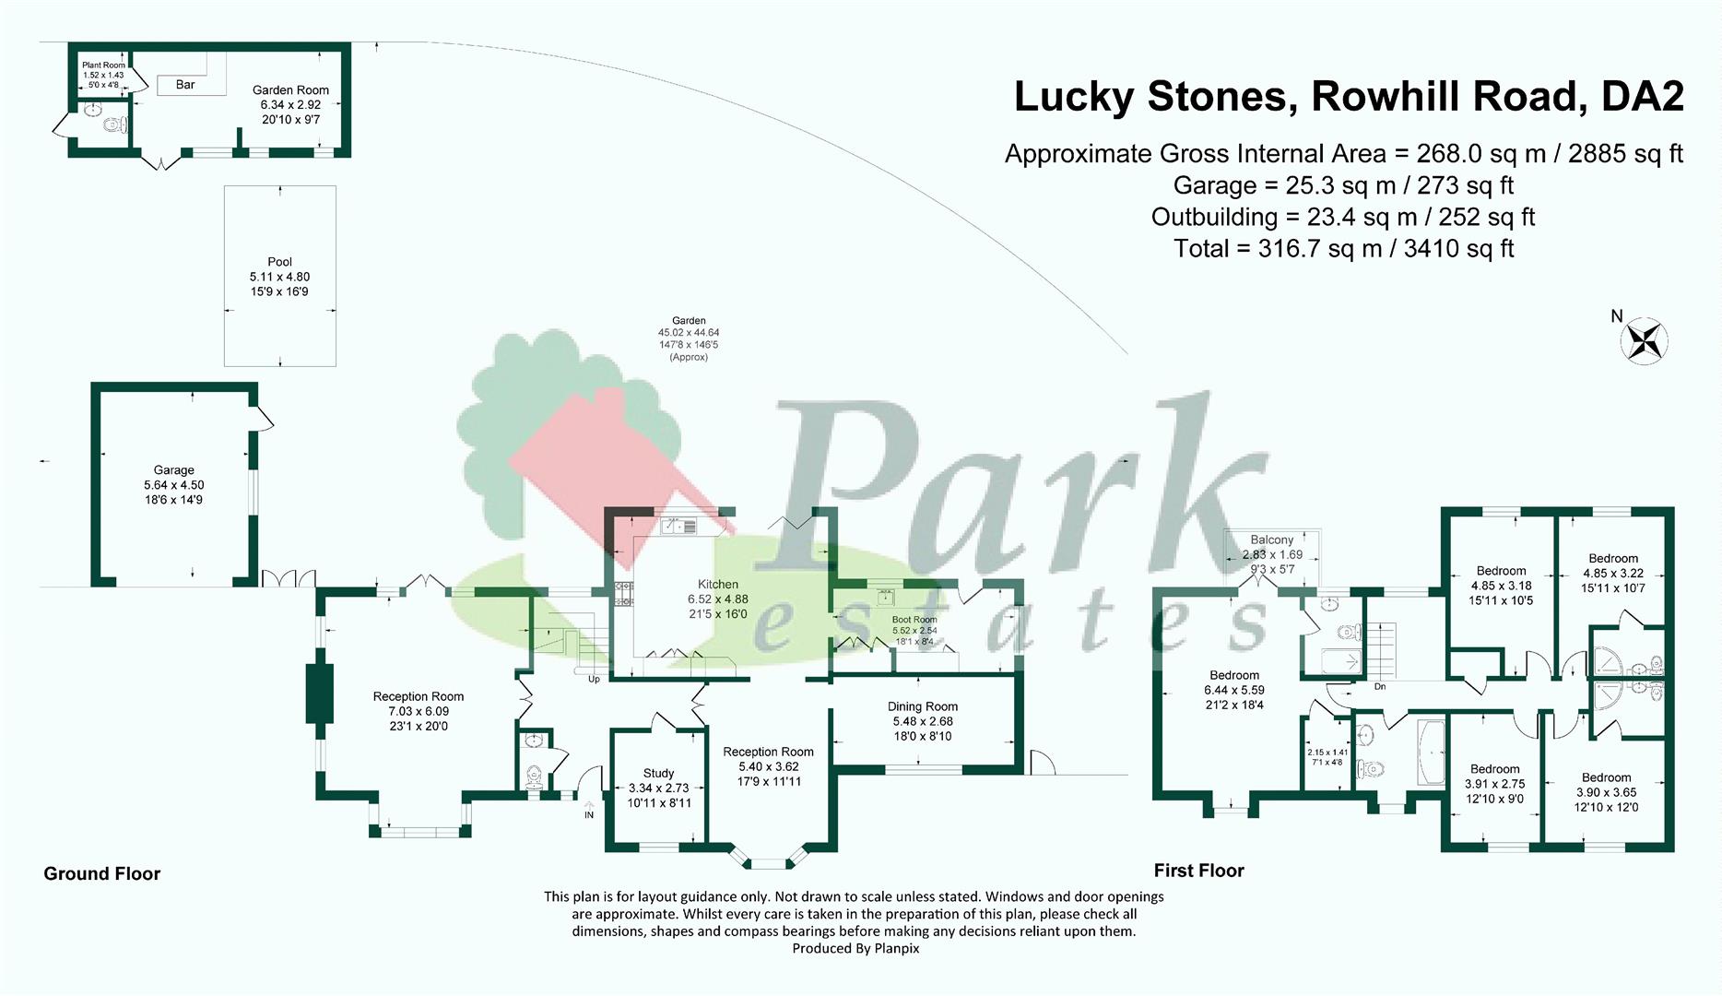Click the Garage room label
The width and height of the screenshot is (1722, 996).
[x=173, y=470]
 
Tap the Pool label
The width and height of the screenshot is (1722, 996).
[x=279, y=262]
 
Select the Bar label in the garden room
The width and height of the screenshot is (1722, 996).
[x=185, y=85]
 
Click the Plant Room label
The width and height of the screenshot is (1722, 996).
[x=103, y=65]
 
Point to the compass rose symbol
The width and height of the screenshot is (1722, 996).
[x=1644, y=341]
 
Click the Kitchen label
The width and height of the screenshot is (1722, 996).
[x=718, y=585]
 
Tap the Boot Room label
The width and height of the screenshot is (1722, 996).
[x=914, y=620]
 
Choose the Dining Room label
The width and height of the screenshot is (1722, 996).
[x=922, y=706]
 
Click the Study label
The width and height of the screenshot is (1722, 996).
[x=658, y=773]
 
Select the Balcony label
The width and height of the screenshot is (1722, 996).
[x=1272, y=539]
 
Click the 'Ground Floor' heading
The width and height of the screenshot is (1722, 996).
[x=102, y=873]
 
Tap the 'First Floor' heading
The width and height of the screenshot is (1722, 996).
[x=1198, y=871]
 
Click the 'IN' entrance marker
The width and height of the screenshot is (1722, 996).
[x=589, y=815]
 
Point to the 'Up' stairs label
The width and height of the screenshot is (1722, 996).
[x=594, y=680]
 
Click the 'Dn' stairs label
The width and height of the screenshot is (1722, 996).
[x=1379, y=687]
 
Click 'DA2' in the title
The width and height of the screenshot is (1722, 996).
[x=1642, y=97]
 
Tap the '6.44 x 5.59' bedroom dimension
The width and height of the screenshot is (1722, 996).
[x=1233, y=690]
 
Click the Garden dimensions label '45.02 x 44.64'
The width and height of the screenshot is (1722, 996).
[x=689, y=333]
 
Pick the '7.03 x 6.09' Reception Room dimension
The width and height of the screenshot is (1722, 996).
[x=419, y=711]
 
